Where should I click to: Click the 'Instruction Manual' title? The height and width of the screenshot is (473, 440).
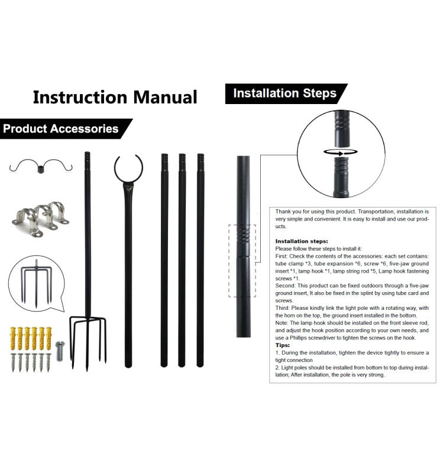[x=115, y=96]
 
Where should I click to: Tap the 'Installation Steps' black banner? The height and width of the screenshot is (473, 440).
[x=284, y=93]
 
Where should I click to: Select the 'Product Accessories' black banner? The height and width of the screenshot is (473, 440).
[x=60, y=128]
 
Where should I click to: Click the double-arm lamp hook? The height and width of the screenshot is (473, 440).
[x=41, y=166]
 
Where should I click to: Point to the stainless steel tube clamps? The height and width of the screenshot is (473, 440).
[x=40, y=217]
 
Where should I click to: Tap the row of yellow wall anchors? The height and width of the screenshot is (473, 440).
[x=30, y=336]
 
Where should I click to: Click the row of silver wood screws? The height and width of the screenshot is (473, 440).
[x=30, y=362]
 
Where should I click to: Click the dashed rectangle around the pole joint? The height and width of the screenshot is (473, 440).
[x=242, y=260]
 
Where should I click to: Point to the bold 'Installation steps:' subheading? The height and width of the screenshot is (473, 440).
[x=302, y=241]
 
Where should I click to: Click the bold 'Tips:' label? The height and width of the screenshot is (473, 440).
[x=283, y=345]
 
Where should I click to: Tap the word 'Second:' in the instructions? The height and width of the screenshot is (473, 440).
[x=287, y=286]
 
